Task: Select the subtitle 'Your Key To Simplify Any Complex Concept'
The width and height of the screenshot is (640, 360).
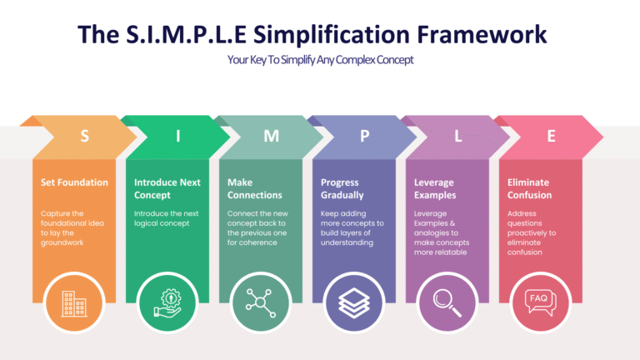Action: click(x=320, y=60)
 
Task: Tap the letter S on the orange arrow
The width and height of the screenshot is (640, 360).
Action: click(x=84, y=137)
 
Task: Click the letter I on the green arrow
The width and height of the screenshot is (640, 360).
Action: click(x=177, y=137)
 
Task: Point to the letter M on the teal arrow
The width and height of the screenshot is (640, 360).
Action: click(x=271, y=137)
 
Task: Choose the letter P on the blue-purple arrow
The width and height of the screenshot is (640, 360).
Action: click(x=364, y=137)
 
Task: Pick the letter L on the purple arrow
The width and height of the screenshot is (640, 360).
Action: click(x=457, y=137)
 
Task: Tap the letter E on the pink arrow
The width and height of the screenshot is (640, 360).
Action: click(x=551, y=137)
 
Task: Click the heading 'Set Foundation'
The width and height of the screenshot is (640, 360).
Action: click(x=74, y=182)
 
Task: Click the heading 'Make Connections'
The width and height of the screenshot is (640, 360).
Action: click(x=254, y=188)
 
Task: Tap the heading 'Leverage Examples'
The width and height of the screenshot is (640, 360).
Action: click(x=435, y=188)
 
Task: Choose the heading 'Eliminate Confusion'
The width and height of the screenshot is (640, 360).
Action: click(x=530, y=188)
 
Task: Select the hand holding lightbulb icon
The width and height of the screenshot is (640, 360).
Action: click(x=167, y=302)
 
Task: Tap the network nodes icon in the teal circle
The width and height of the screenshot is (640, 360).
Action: click(x=260, y=302)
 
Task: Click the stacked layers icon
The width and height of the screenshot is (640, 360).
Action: click(x=353, y=302)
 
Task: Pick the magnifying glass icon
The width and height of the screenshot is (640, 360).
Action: click(x=447, y=302)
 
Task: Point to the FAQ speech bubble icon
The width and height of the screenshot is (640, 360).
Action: click(x=540, y=302)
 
